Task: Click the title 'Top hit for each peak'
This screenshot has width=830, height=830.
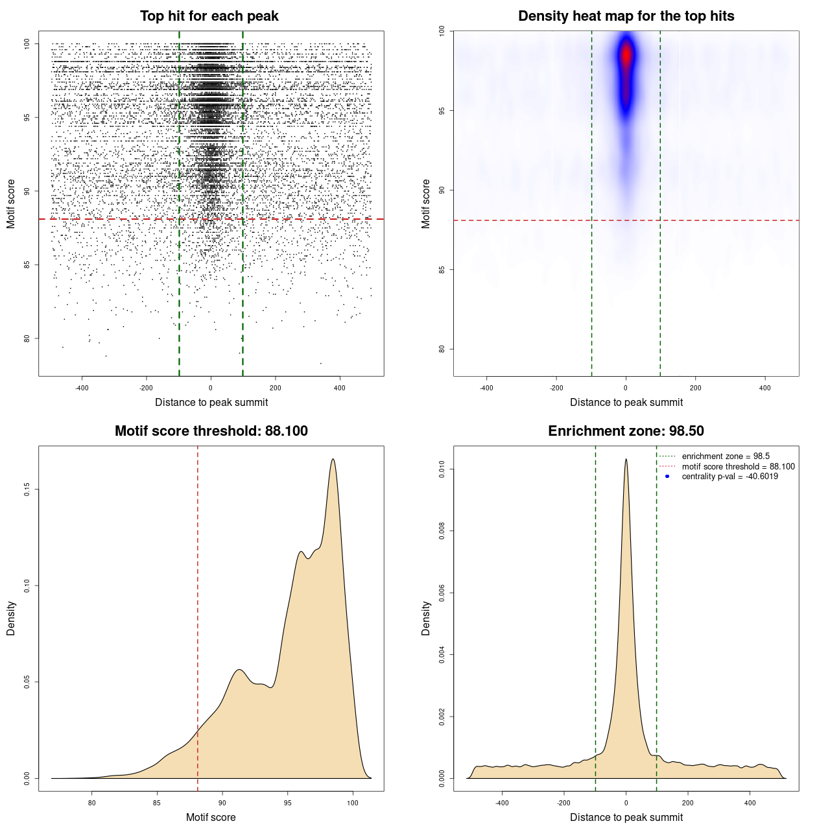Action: pyautogui.click(x=209, y=16)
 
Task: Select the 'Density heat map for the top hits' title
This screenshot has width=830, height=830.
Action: pyautogui.click(x=626, y=16)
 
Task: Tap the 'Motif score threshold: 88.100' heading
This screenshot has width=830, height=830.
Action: pyautogui.click(x=211, y=431)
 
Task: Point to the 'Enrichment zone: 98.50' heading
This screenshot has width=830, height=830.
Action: pyautogui.click(x=626, y=431)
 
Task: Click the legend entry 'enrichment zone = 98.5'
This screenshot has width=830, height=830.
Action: pyautogui.click(x=726, y=456)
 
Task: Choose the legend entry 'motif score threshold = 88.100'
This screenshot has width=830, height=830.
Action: pyautogui.click(x=738, y=467)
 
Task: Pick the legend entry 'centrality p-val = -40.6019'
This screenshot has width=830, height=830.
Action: pyautogui.click(x=729, y=477)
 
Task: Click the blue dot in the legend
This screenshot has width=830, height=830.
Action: pyautogui.click(x=667, y=477)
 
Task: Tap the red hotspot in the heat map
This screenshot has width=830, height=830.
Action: pyautogui.click(x=626, y=57)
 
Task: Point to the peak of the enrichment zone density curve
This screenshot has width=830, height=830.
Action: pyautogui.click(x=626, y=459)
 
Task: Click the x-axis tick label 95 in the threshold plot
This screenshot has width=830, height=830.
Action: pyautogui.click(x=288, y=803)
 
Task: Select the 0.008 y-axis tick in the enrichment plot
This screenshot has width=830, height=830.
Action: pyautogui.click(x=442, y=531)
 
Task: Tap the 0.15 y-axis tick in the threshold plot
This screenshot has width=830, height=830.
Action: pyautogui.click(x=27, y=489)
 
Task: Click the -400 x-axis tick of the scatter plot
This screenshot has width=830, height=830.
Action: pyautogui.click(x=82, y=388)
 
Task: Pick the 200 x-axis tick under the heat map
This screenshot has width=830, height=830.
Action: pyautogui.click(x=695, y=388)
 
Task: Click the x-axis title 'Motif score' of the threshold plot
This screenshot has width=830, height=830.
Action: pyautogui.click(x=211, y=817)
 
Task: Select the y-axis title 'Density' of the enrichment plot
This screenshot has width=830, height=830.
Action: pyautogui.click(x=426, y=618)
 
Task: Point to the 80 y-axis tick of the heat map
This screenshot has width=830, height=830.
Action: pyautogui.click(x=442, y=349)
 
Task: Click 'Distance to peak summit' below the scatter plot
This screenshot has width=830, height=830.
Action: pyautogui.click(x=211, y=403)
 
